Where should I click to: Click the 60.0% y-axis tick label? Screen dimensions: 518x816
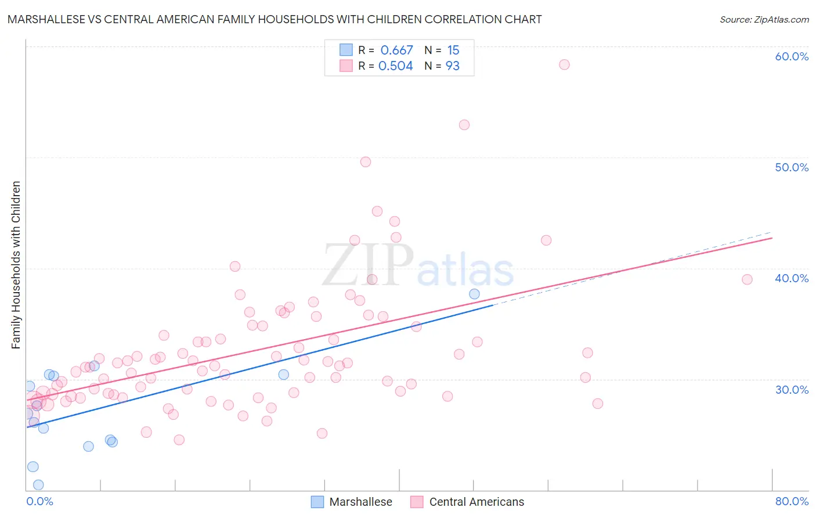pyautogui.click(x=792, y=56)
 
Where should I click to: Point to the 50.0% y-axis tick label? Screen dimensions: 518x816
pyautogui.click(x=792, y=167)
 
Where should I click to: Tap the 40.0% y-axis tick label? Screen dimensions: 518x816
pyautogui.click(x=792, y=278)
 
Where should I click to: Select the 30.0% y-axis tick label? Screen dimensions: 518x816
pyautogui.click(x=792, y=390)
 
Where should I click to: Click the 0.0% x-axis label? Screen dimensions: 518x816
pyautogui.click(x=39, y=501)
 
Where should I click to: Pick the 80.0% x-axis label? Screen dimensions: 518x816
pyautogui.click(x=792, y=501)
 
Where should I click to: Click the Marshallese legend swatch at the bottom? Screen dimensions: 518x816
pyautogui.click(x=317, y=502)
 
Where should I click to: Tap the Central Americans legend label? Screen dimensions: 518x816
pyautogui.click(x=476, y=502)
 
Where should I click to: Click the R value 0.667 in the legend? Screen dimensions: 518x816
pyautogui.click(x=396, y=51)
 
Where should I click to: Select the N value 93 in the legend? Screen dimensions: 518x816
pyautogui.click(x=453, y=66)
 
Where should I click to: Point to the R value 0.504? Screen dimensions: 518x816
pyautogui.click(x=396, y=66)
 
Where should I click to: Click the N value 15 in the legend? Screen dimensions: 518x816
pyautogui.click(x=453, y=51)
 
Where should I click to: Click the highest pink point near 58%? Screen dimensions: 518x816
pyautogui.click(x=564, y=64)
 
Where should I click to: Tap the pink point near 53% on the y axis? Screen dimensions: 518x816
pyautogui.click(x=464, y=125)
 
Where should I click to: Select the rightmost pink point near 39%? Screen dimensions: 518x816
pyautogui.click(x=748, y=279)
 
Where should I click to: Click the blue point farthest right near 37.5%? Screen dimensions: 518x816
pyautogui.click(x=474, y=294)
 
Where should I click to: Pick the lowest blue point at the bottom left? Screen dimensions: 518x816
pyautogui.click(x=38, y=485)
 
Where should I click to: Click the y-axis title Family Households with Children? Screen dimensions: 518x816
pyautogui.click(x=16, y=265)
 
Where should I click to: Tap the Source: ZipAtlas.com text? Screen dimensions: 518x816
pyautogui.click(x=764, y=20)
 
